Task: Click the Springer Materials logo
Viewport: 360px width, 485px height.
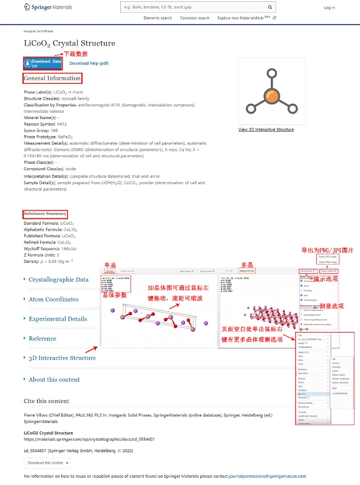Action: pyautogui.click(x=49, y=7)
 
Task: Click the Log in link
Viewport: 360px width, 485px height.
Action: pyautogui.click(x=329, y=8)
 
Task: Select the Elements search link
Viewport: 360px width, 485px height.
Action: pyautogui.click(x=157, y=18)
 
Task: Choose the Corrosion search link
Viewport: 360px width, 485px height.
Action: pyautogui.click(x=194, y=18)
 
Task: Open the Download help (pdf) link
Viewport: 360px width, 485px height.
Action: pyautogui.click(x=89, y=63)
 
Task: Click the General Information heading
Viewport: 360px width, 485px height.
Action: pyautogui.click(x=52, y=78)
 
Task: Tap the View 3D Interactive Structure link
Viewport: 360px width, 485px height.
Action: pyautogui.click(x=266, y=129)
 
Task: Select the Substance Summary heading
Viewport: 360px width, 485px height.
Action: pyautogui.click(x=45, y=214)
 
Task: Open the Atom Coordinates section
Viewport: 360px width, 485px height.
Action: pyautogui.click(x=53, y=299)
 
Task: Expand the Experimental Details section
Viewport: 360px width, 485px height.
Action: pyautogui.click(x=58, y=319)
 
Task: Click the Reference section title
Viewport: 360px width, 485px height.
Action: pyautogui.click(x=42, y=339)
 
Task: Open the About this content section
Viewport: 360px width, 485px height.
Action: pyautogui.click(x=54, y=379)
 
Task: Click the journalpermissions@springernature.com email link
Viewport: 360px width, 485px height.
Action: pyautogui.click(x=276, y=477)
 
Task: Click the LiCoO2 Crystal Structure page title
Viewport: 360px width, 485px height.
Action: pyautogui.click(x=69, y=43)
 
